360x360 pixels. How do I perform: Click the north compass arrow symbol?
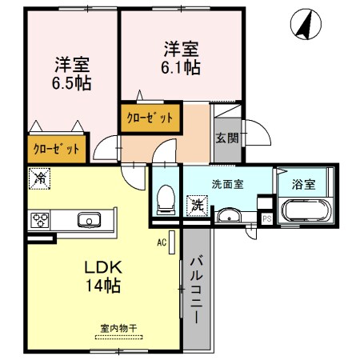pos(302,25)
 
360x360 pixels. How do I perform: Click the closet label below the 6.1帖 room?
pos(149,118)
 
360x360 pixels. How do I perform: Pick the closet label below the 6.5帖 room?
pos(56,148)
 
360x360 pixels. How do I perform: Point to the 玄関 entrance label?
pos(226,138)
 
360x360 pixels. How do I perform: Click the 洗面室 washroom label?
pos(227,183)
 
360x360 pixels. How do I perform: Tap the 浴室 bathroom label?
pos(303,183)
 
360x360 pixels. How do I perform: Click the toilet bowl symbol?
pos(166,198)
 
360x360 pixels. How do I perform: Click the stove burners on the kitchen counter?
pos(41,219)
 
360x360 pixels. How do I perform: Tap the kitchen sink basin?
pos(88,219)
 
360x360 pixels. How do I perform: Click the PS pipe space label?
pos(266,218)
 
